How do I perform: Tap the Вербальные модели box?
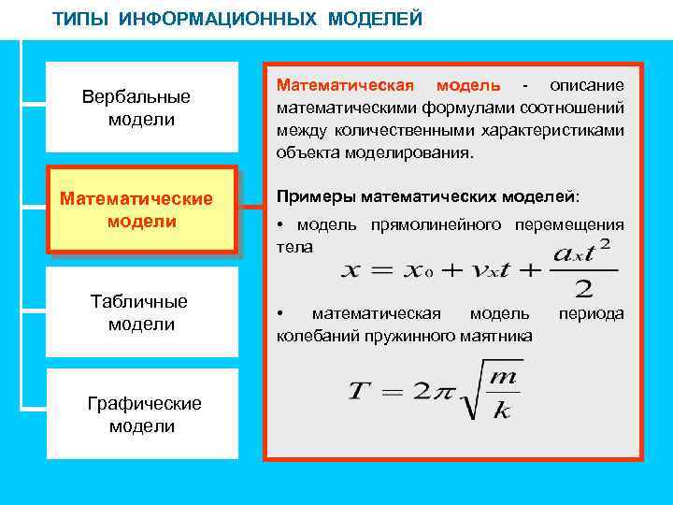pyautogui.click(x=141, y=108)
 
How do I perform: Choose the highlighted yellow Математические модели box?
pyautogui.click(x=141, y=209)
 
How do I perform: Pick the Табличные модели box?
pyautogui.click(x=141, y=312)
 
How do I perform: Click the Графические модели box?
pyautogui.click(x=143, y=414)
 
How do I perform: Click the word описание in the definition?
pyautogui.click(x=586, y=86)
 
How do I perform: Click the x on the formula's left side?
pyautogui.click(x=350, y=270)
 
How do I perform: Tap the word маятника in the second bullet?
pyautogui.click(x=499, y=336)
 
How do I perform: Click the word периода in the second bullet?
pyautogui.click(x=591, y=314)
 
